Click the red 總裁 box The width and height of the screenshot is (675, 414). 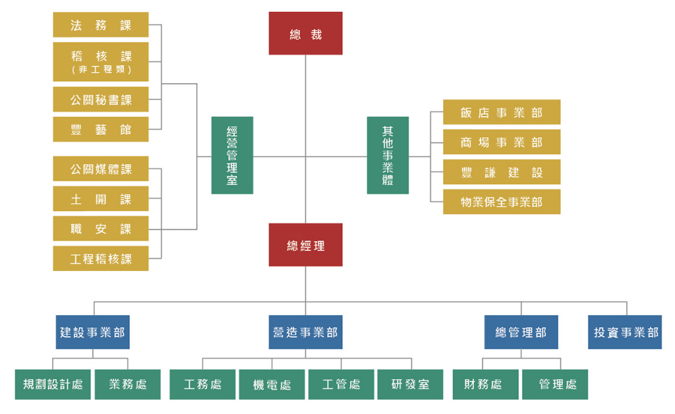pyautogui.click(x=305, y=34)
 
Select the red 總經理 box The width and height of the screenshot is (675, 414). pyautogui.click(x=305, y=245)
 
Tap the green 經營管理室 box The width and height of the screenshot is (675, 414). pyautogui.click(x=232, y=156)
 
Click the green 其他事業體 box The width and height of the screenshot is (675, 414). pyautogui.click(x=388, y=156)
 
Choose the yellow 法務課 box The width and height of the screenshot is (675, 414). pyautogui.click(x=101, y=25)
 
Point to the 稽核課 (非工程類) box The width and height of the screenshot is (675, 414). pyautogui.click(x=101, y=61)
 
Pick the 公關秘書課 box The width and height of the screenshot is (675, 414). pyautogui.click(x=101, y=100)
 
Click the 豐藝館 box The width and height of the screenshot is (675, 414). pyautogui.click(x=101, y=130)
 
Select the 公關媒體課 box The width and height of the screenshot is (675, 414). pyautogui.click(x=101, y=169)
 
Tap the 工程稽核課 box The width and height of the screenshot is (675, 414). pyautogui.click(x=101, y=258)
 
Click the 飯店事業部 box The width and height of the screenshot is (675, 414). pyautogui.click(x=502, y=113)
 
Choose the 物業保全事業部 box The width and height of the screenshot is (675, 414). pyautogui.click(x=502, y=202)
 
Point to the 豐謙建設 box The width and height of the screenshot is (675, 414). pyautogui.click(x=502, y=172)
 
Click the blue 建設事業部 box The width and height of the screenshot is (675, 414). pyautogui.click(x=92, y=332)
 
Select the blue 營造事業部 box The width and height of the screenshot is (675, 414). pyautogui.click(x=305, y=332)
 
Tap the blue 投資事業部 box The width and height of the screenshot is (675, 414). pyautogui.click(x=625, y=332)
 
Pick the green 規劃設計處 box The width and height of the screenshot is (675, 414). pyautogui.click(x=53, y=384)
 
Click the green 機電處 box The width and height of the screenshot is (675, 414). pyautogui.click(x=272, y=384)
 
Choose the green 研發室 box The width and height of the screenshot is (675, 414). pyautogui.click(x=411, y=384)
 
